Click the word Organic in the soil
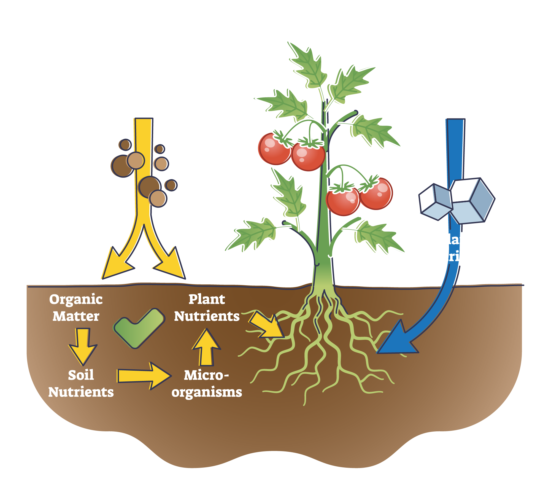(76, 300)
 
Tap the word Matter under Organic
(76, 316)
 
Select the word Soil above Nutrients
(81, 375)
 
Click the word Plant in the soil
(207, 299)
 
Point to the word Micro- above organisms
(206, 375)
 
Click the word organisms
(207, 392)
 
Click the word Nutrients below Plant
(207, 316)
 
